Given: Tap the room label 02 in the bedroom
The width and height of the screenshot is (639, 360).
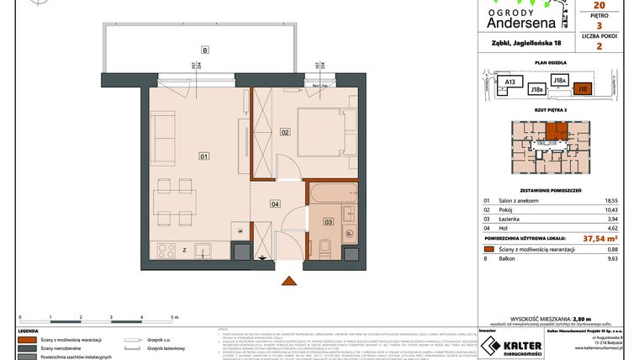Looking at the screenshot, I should [x=285, y=132].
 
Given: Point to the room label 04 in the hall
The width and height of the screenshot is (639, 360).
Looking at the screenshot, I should [x=274, y=203].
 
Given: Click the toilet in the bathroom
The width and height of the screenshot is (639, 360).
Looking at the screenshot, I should [x=324, y=246].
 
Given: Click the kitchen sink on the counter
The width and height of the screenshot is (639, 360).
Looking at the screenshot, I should [x=202, y=250].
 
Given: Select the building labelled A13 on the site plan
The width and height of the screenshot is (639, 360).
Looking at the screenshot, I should [x=509, y=82].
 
